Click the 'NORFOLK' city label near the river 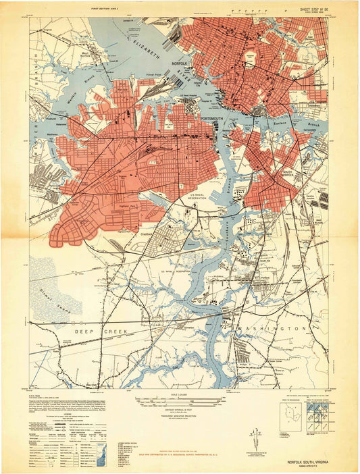(x=181, y=63)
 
